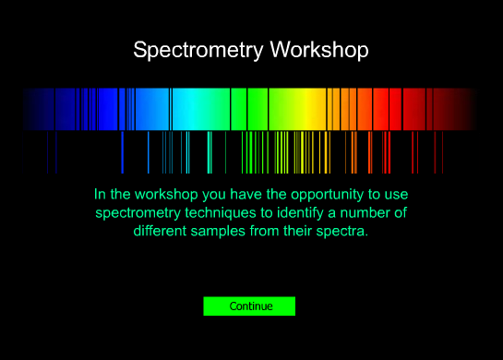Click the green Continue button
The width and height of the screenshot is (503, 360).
click(249, 306)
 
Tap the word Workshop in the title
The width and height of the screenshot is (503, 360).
click(318, 50)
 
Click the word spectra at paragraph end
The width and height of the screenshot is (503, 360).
click(342, 231)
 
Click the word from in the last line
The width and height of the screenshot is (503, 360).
click(265, 231)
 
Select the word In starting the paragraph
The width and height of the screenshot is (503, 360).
click(100, 195)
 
